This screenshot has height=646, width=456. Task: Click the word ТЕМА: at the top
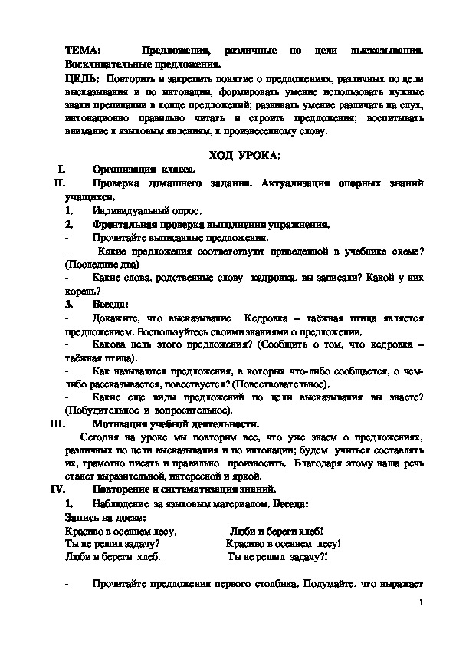point(83,50)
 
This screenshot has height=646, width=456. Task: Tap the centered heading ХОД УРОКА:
point(249,155)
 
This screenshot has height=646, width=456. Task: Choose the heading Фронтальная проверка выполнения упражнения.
point(212,224)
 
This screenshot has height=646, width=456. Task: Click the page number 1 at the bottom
point(421,604)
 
